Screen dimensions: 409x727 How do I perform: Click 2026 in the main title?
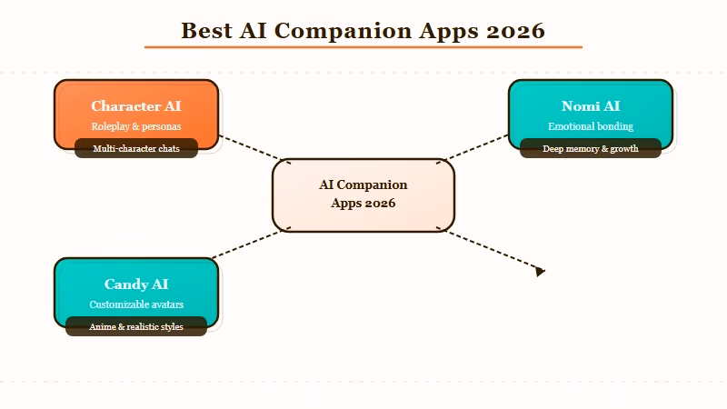click(515, 30)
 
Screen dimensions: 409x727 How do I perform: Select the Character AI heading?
click(136, 106)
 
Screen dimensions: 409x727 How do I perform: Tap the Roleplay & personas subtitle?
click(136, 126)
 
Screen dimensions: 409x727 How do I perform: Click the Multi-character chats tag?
click(136, 148)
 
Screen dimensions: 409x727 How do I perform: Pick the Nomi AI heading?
click(591, 106)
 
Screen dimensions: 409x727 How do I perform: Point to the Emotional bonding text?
click(591, 126)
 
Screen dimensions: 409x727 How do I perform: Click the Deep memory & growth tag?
click(591, 148)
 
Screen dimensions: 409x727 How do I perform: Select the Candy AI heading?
click(136, 284)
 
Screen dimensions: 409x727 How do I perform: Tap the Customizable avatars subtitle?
click(136, 304)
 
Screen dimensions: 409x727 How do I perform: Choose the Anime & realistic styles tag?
click(136, 326)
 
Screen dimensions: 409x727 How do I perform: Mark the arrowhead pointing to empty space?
click(540, 271)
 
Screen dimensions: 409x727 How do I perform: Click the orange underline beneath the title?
click(363, 46)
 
